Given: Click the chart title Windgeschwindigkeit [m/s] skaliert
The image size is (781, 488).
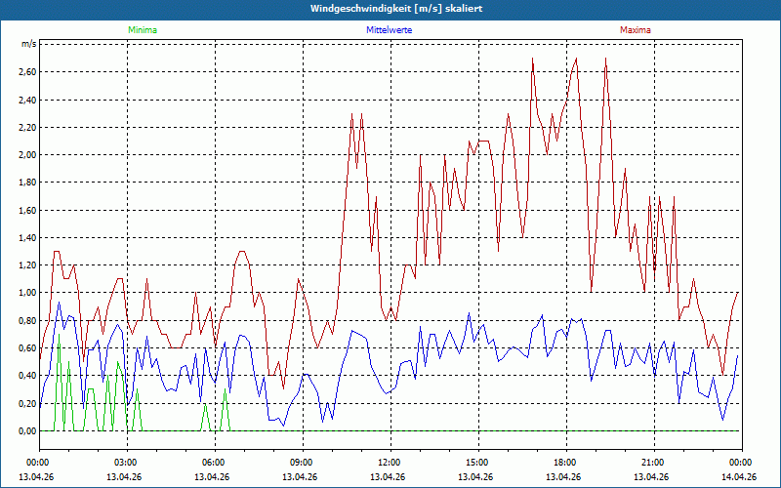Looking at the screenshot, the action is (x=396, y=9).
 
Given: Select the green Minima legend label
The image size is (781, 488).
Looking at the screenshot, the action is (x=143, y=30).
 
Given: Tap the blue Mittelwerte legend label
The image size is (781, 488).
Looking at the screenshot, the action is (x=389, y=30).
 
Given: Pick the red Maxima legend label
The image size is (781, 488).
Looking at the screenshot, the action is (x=636, y=30).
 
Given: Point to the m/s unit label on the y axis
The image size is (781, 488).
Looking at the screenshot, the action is (x=28, y=44).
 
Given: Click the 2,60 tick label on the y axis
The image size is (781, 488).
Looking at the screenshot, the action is (x=27, y=72).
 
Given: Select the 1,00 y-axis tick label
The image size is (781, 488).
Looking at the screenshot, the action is (x=27, y=293).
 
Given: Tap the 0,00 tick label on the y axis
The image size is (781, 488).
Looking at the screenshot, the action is (x=27, y=431).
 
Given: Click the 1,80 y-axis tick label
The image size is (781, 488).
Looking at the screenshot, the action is (x=27, y=183).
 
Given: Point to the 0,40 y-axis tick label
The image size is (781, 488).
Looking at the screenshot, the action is (x=27, y=376).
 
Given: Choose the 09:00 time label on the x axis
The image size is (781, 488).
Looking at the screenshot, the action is (x=303, y=463).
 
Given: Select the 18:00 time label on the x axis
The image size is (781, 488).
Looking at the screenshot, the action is (x=566, y=463).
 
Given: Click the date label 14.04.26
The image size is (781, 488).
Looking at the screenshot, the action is (x=739, y=476).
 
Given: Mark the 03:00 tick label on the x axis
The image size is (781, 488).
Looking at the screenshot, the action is (x=127, y=463).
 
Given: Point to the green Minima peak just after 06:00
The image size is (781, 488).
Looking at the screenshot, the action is (x=226, y=389).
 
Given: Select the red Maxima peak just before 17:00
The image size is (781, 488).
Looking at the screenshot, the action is (x=532, y=59).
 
